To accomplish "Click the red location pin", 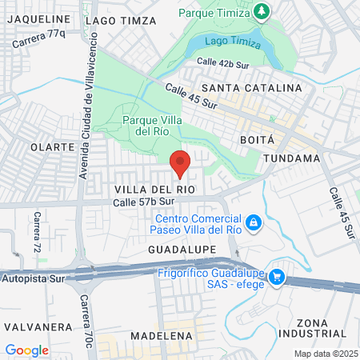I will [180, 162].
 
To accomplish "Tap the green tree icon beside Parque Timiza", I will [262, 11].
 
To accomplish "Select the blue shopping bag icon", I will [253, 222].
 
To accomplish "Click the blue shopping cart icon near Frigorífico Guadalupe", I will [277, 276].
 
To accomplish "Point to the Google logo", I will [26, 350].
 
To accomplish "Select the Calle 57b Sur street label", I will [143, 202].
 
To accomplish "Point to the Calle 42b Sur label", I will [225, 62].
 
